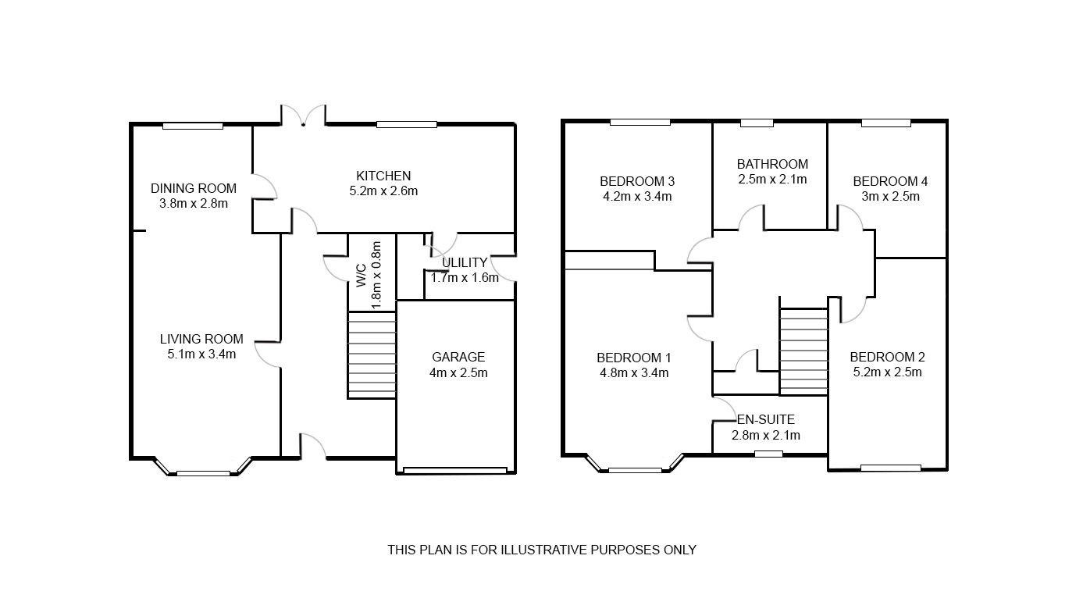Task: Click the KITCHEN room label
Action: [383, 176]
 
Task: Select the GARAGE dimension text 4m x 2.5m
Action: [458, 372]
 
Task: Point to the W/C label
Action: [361, 274]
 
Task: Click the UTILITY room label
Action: [464, 262]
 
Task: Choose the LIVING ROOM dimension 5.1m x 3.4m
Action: [201, 354]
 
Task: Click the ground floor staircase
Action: [372, 355]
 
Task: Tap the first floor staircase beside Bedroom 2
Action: [803, 351]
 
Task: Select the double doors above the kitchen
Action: [303, 116]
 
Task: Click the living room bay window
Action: [203, 472]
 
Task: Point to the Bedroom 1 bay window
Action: [635, 470]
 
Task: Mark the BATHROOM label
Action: [772, 164]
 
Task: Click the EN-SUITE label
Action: [765, 420]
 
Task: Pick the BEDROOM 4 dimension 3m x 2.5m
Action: [890, 196]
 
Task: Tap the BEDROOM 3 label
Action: [637, 181]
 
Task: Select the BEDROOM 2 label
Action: [887, 357]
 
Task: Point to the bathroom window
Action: [757, 123]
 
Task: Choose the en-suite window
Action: [769, 454]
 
